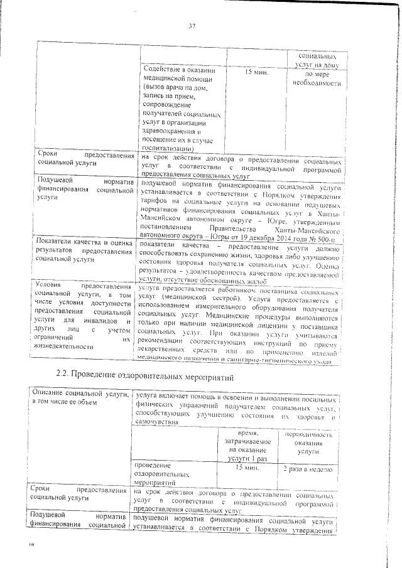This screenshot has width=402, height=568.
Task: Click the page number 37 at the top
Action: [192, 26]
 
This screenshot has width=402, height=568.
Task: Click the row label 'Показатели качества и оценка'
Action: [84, 242]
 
